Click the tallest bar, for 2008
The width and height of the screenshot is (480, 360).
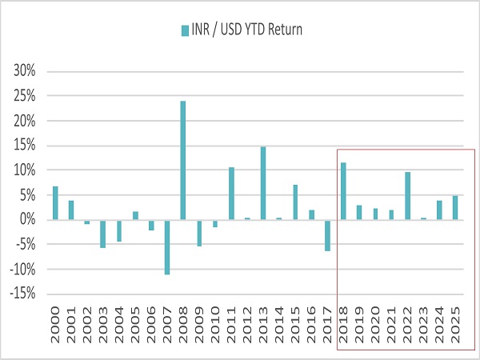click(x=183, y=160)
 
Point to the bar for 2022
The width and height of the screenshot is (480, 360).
click(x=407, y=195)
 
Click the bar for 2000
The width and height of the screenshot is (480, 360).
click(x=55, y=202)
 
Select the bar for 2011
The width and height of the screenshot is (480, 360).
click(x=231, y=193)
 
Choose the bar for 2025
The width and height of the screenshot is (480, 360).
click(x=455, y=207)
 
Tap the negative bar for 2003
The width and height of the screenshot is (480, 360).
click(x=103, y=234)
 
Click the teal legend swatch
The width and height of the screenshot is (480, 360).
click(x=185, y=30)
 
